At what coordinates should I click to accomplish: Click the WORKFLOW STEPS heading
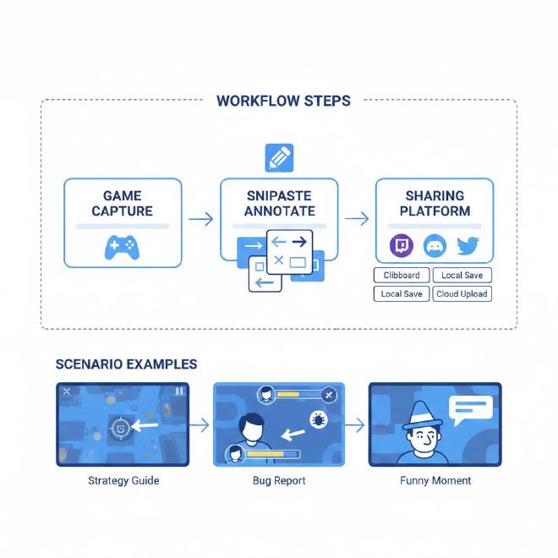(283, 101)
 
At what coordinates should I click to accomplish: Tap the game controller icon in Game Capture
(122, 246)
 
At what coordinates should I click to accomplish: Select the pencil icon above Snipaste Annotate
(279, 158)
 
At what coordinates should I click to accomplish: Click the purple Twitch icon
(400, 246)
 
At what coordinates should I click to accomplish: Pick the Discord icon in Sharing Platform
(434, 246)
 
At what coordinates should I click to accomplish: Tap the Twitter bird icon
(468, 246)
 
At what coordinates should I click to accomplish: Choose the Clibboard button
(401, 276)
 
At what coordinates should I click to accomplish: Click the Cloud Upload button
(462, 294)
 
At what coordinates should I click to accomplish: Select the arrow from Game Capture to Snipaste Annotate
(200, 220)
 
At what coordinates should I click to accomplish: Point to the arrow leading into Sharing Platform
(357, 220)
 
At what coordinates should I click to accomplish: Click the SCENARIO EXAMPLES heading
(126, 364)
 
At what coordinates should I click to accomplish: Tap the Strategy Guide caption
(123, 480)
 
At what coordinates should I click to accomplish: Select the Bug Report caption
(279, 480)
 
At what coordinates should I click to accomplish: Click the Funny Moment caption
(435, 480)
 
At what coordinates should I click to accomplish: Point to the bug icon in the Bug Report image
(320, 418)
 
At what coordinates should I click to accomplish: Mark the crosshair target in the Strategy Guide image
(122, 428)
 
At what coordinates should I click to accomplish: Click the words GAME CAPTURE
(123, 203)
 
